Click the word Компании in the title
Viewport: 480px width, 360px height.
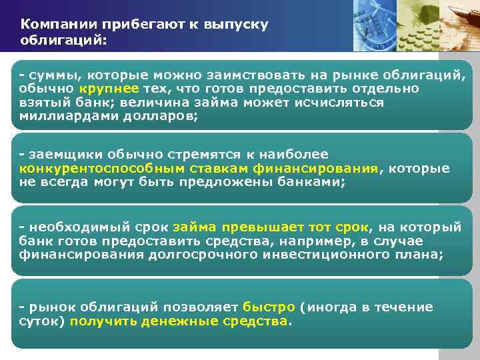[x=57, y=25]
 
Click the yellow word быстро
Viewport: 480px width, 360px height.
[x=269, y=307]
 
